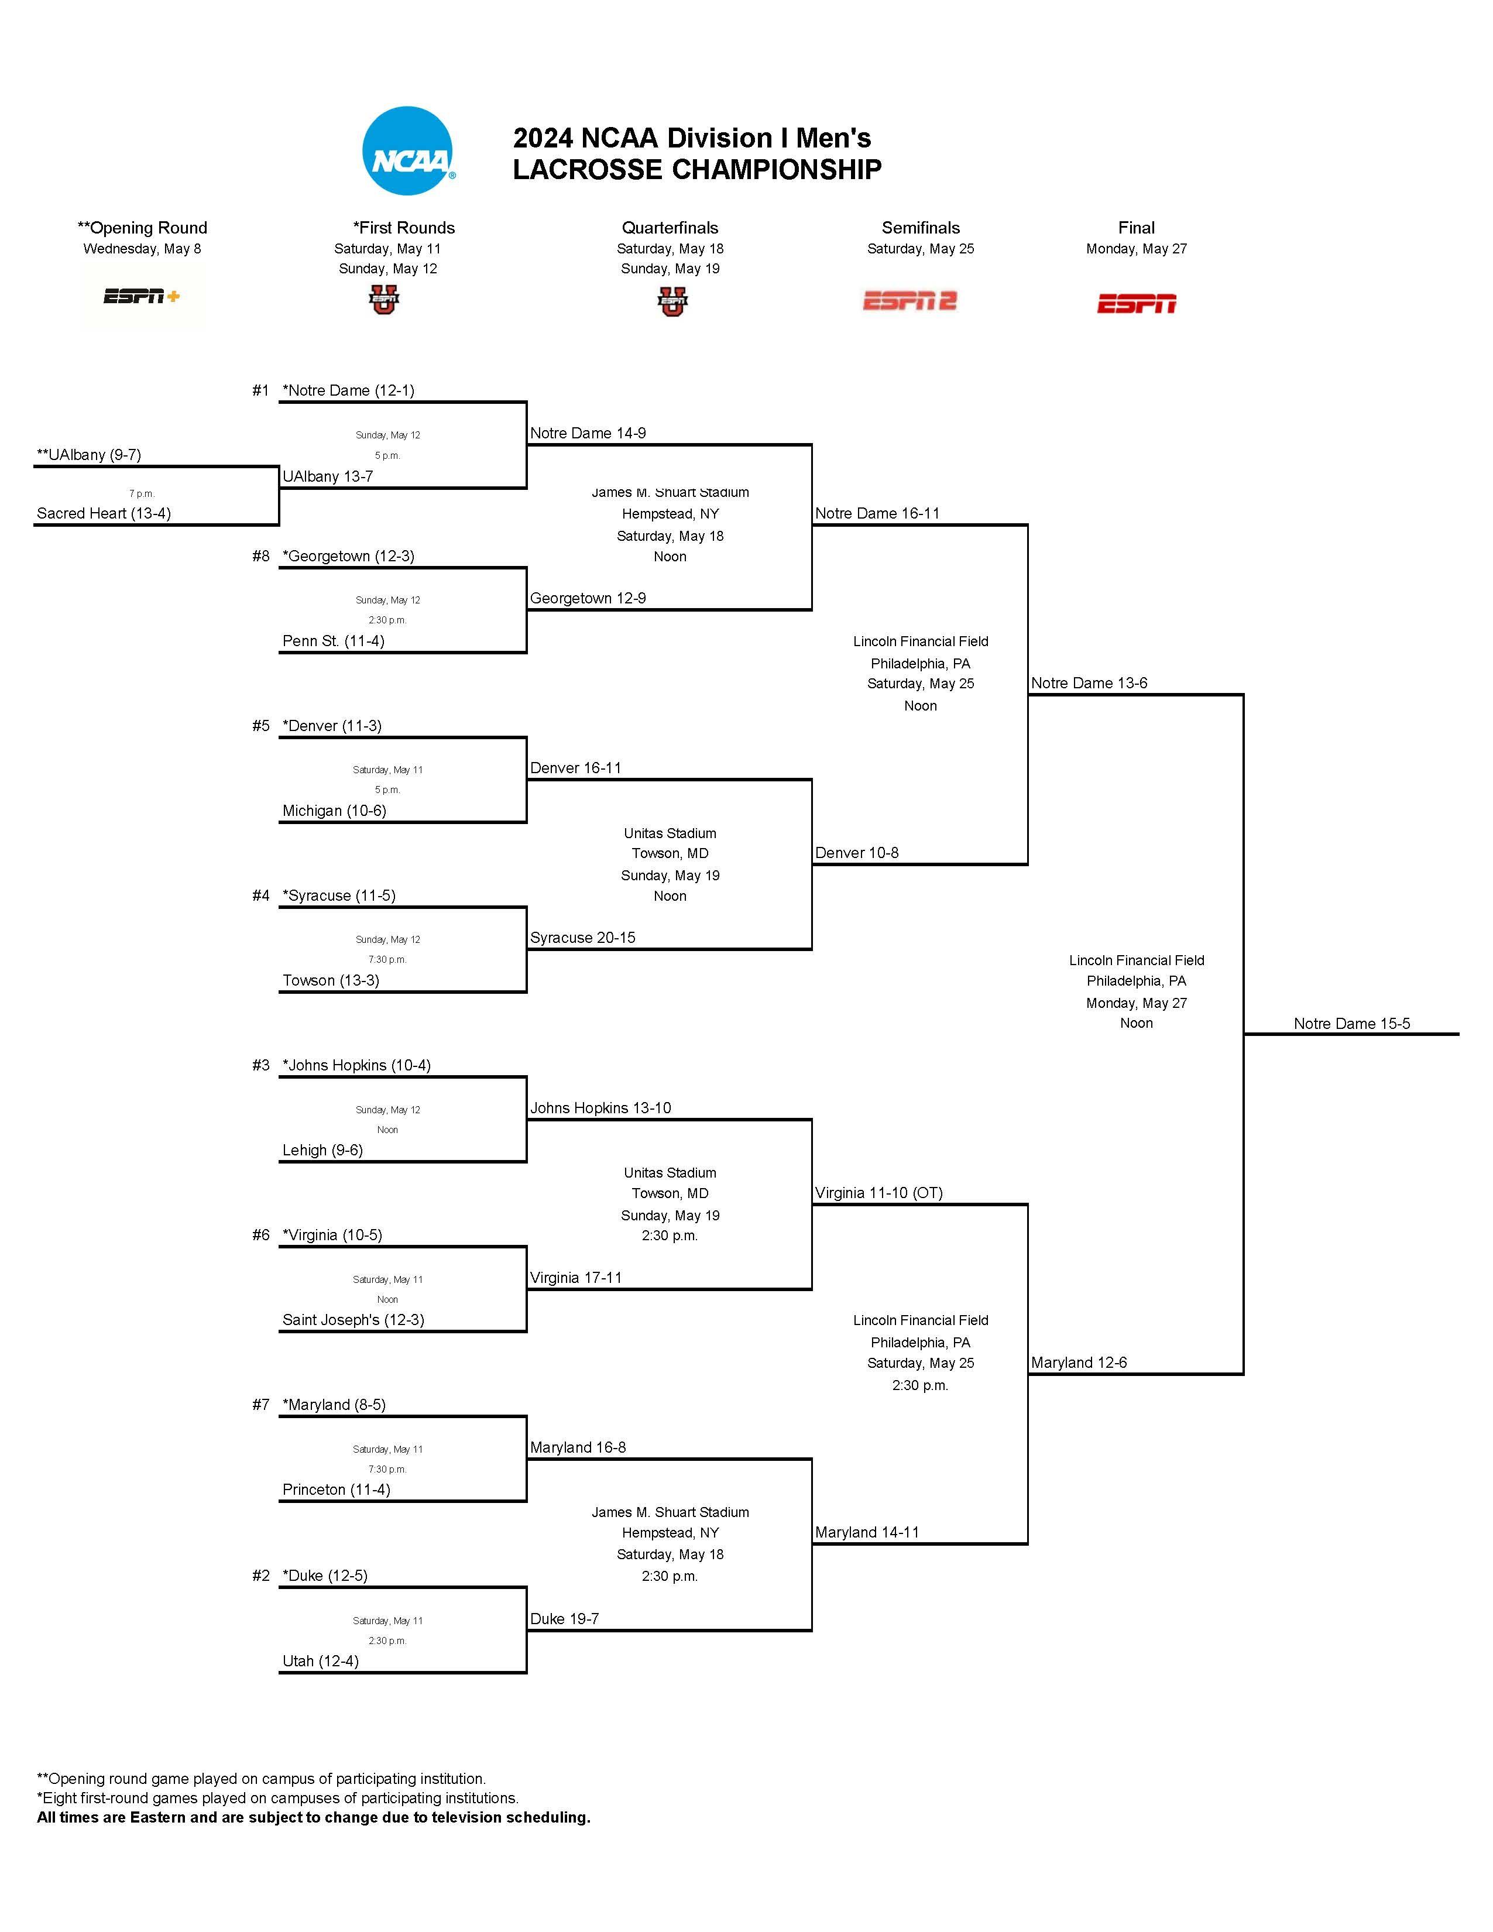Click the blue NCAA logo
409,151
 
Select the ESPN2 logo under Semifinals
910,301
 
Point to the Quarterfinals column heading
670,227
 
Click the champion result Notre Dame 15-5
1351,1024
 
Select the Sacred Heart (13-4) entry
104,513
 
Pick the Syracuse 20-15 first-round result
582,938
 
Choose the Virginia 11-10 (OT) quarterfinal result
878,1192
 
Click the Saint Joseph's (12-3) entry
353,1319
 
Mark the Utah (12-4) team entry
320,1660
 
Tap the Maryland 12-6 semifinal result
1078,1363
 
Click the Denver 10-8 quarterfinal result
856,853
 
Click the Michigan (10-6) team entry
334,810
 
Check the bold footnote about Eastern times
313,1817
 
